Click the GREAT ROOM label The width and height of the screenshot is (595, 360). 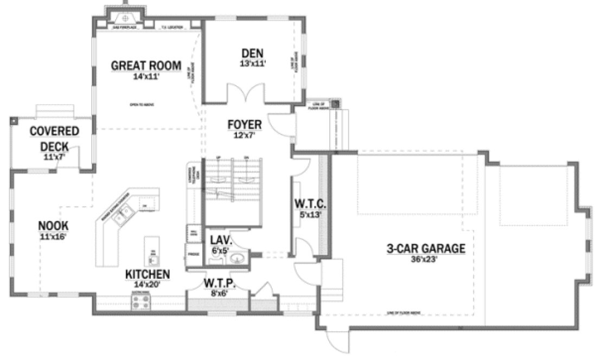(x=145, y=66)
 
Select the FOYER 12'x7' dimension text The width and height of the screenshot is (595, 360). (x=244, y=136)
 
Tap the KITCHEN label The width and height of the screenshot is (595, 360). (x=148, y=273)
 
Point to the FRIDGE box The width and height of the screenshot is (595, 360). (x=192, y=254)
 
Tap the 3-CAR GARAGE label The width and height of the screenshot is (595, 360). (x=426, y=249)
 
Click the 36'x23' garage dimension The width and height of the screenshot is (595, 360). (x=426, y=260)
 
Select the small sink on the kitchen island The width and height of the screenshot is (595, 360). (x=153, y=252)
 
